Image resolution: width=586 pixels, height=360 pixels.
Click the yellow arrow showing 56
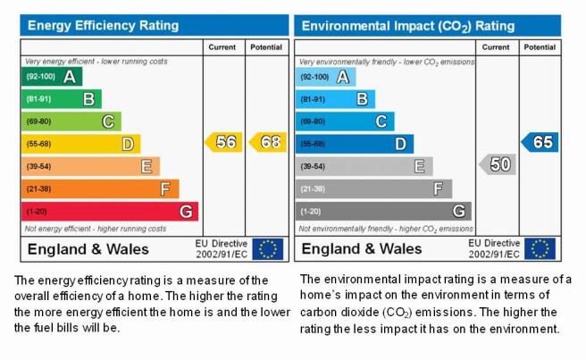click(x=223, y=142)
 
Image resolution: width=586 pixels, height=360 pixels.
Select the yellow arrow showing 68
click(x=268, y=142)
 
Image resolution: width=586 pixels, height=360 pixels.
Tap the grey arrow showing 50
click(x=498, y=164)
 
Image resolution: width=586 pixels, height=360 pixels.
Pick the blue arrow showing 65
click(x=540, y=142)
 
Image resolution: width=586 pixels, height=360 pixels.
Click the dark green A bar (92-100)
click(x=52, y=77)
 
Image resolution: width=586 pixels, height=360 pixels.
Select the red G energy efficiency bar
click(x=110, y=212)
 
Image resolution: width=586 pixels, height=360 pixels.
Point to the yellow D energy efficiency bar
click(x=80, y=144)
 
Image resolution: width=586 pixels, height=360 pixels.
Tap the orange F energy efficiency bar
click(x=100, y=188)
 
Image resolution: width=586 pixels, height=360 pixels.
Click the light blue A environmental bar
click(x=325, y=77)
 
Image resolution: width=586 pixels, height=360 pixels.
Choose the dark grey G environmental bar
click(x=383, y=211)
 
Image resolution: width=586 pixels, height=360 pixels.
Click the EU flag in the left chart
click(x=268, y=249)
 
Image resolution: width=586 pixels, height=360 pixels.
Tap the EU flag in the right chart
click(x=540, y=248)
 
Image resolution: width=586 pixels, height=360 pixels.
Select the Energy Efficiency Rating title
click(x=103, y=25)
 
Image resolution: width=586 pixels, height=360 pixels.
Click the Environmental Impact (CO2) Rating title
click(x=408, y=26)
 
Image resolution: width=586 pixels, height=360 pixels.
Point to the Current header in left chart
click(x=222, y=47)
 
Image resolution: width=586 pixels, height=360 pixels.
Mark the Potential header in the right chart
click(x=540, y=47)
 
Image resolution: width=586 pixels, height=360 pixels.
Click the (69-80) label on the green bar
click(x=38, y=121)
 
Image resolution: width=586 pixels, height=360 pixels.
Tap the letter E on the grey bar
click(x=419, y=166)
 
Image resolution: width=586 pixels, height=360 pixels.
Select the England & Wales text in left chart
click(x=88, y=249)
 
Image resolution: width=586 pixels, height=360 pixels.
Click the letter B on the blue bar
click(x=362, y=99)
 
